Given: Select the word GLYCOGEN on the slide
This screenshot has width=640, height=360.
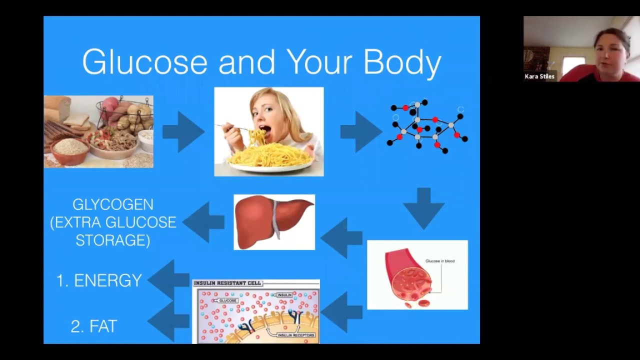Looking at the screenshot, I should [113, 204].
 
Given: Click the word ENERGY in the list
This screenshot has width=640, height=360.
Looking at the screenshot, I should [108, 281].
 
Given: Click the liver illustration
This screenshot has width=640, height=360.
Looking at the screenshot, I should [274, 221].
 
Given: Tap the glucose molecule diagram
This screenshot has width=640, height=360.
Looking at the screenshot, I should [427, 127].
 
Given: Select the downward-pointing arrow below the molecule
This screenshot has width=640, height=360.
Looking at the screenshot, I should [423, 208].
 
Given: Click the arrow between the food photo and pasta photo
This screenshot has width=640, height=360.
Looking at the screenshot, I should [183, 131].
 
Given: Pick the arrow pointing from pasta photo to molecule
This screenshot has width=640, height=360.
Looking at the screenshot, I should [360, 131].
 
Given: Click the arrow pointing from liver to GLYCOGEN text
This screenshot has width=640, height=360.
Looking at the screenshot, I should [203, 222].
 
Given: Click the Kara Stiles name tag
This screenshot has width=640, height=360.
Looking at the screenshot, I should [539, 76].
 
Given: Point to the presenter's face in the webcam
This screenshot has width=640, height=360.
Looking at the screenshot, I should [610, 52].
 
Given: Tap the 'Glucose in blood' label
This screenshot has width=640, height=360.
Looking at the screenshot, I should [439, 261].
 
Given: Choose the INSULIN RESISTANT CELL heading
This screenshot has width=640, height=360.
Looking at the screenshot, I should [227, 283].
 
